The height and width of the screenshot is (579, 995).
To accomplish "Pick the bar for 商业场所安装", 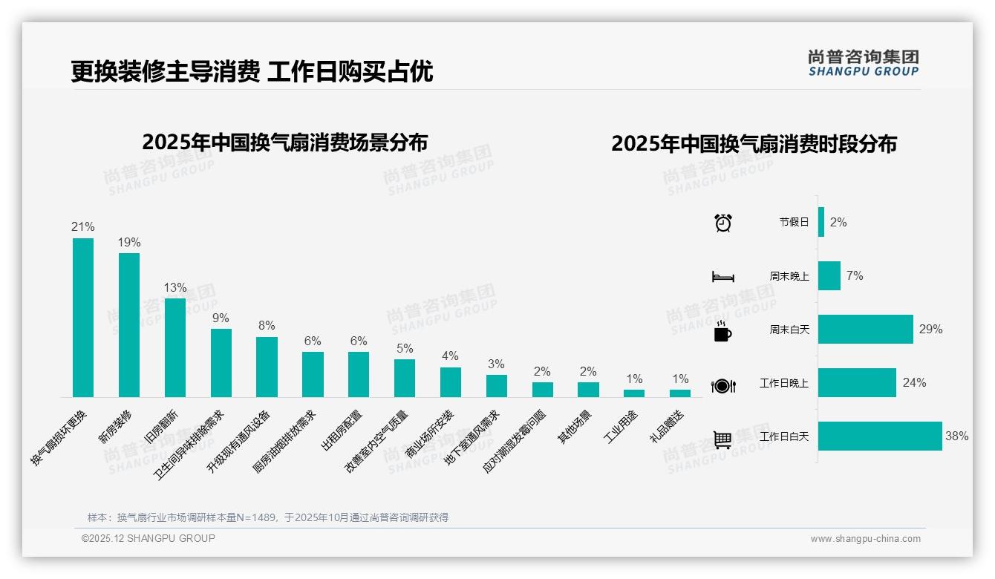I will click(451, 382).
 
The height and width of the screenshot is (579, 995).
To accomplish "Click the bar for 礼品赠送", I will click(680, 393).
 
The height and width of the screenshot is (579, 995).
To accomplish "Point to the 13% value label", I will click(175, 288).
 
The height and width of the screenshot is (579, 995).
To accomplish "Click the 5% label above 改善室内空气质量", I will click(405, 349).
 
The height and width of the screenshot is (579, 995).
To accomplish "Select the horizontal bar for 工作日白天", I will click(880, 436).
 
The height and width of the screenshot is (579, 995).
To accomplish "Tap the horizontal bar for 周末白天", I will click(866, 330).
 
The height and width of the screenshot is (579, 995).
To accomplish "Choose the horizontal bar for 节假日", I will click(821, 222).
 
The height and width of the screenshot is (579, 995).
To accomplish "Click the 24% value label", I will click(914, 383).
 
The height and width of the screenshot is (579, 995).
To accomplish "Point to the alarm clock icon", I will click(723, 223).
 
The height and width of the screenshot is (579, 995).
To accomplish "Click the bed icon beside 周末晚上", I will click(723, 277).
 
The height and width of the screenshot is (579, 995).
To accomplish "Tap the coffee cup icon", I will click(722, 332).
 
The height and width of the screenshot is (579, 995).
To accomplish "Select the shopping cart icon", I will click(722, 439).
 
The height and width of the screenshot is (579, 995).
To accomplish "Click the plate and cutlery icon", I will click(723, 385).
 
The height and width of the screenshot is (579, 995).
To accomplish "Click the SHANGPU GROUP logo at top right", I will click(864, 63).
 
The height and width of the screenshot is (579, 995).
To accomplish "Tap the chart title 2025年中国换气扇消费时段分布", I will click(754, 143).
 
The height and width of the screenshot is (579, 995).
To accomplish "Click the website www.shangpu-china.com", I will click(865, 539).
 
